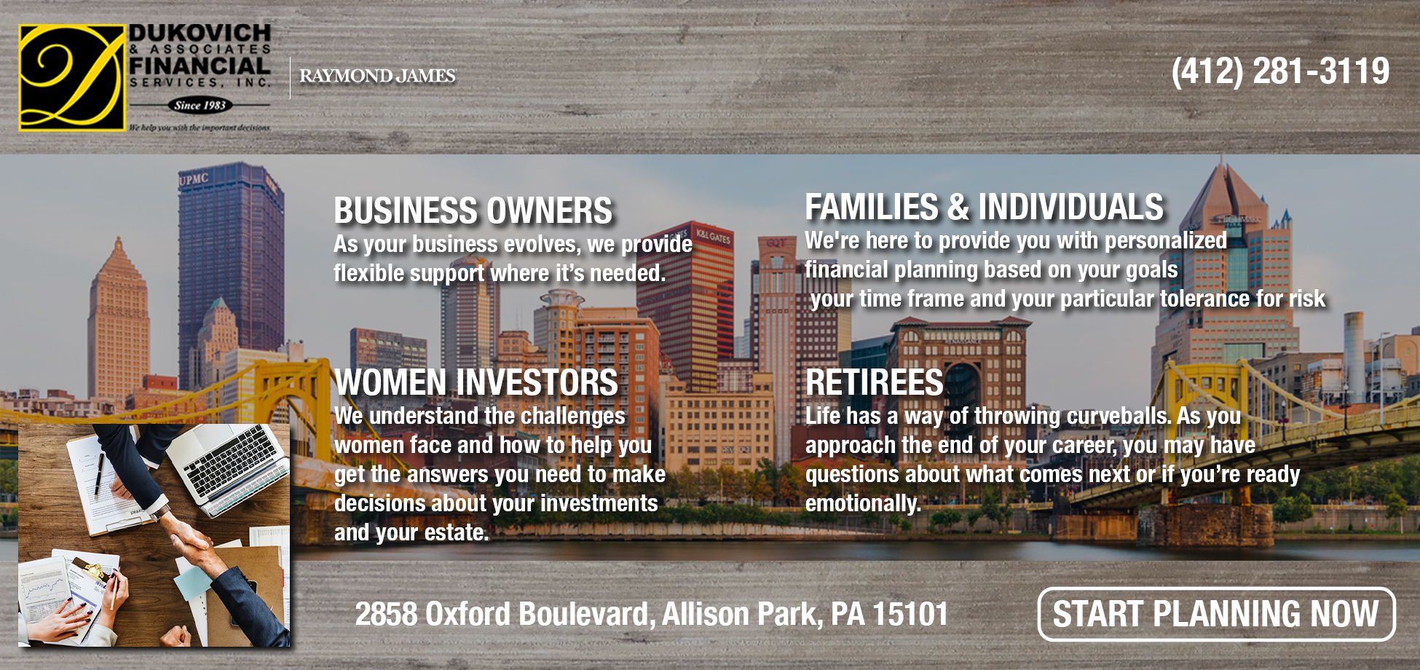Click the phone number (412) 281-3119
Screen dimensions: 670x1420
click(1279, 71)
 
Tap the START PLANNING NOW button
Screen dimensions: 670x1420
click(1215, 614)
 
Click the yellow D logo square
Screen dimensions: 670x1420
click(71, 78)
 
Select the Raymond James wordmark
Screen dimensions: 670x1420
click(377, 76)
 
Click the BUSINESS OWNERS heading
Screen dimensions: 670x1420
click(473, 211)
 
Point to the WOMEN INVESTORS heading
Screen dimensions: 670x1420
click(476, 383)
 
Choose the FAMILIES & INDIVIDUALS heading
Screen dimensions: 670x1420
click(984, 208)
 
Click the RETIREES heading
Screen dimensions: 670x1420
click(874, 383)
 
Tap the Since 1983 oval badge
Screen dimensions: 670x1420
click(200, 105)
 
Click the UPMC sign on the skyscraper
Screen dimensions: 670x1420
click(194, 178)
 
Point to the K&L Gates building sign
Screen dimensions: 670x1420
click(713, 237)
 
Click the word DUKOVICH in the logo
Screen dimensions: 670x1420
click(200, 33)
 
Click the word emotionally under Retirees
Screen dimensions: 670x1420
click(862, 503)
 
